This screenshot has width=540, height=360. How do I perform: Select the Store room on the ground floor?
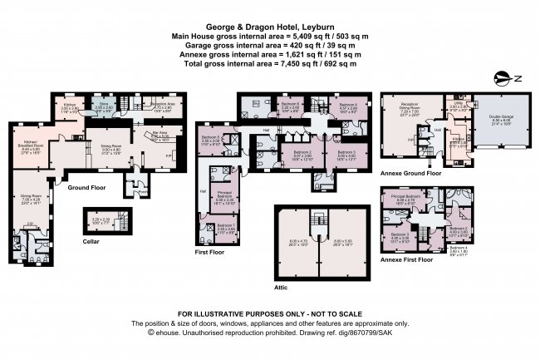(x=103, y=106)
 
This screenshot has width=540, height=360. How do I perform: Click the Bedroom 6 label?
(x=290, y=106)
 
